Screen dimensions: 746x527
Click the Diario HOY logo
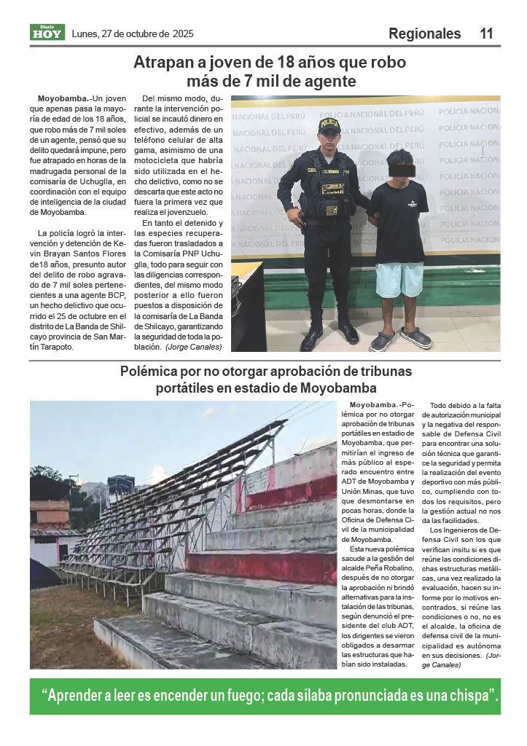47,32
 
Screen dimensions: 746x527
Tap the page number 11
486,34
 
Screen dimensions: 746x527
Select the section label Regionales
424,34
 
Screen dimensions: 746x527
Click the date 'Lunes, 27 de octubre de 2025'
133,34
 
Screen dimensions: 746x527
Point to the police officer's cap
329,125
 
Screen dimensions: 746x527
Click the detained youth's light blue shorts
399,279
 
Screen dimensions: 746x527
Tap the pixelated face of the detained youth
400,168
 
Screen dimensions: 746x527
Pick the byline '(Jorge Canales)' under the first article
192,348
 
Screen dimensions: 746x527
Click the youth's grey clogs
400,339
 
